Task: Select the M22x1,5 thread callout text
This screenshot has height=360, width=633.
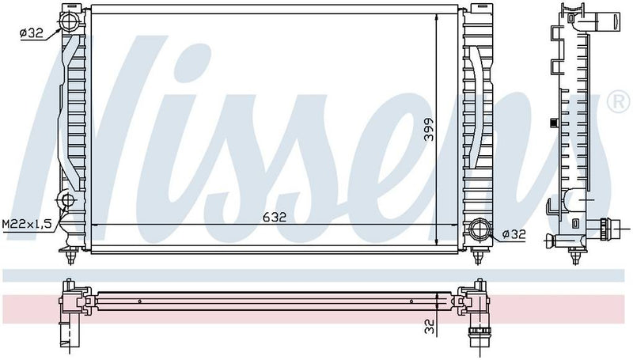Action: pyautogui.click(x=26, y=225)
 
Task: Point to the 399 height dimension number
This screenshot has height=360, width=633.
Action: pyautogui.click(x=428, y=129)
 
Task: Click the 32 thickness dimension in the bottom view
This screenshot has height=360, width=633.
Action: pyautogui.click(x=428, y=324)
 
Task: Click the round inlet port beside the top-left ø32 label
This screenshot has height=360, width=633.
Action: pyautogui.click(x=68, y=19)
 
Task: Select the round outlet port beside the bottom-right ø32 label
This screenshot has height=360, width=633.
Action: pyautogui.click(x=478, y=230)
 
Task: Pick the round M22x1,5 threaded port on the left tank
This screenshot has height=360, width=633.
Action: pyautogui.click(x=68, y=199)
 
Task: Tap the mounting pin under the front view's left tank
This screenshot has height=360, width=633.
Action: pyautogui.click(x=74, y=255)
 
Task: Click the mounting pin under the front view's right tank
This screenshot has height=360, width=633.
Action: pyautogui.click(x=478, y=255)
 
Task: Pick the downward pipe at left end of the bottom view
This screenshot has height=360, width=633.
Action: pyautogui.click(x=64, y=332)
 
